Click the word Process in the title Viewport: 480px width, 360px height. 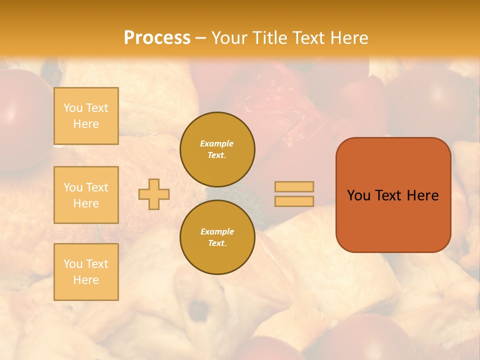pos(157,37)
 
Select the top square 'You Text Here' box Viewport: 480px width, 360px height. pos(86,116)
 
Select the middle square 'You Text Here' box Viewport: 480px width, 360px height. pos(86,195)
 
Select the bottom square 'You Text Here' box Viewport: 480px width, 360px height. pos(86,271)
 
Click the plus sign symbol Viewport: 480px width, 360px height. pos(153,194)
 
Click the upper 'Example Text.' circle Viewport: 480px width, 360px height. pos(217,149)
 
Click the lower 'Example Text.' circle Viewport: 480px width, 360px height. pos(217,237)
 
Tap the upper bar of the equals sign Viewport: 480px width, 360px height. pos(294,186)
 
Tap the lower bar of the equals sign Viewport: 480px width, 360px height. pos(294,201)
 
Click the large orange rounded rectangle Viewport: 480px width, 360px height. pos(393,220)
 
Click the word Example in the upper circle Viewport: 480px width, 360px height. pos(217,143)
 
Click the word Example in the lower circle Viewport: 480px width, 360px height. pos(217,231)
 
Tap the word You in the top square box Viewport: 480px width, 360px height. pos(72,108)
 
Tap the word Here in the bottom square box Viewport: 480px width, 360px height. pos(86,280)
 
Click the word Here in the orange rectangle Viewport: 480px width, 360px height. pos(423,195)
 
